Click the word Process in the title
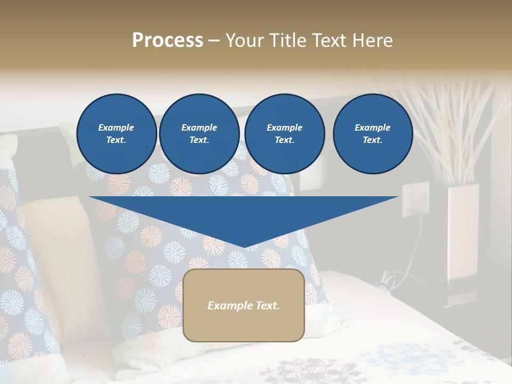click(167, 41)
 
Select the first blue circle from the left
click(116, 134)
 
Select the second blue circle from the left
click(199, 134)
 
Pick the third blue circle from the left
click(284, 134)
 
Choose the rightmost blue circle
click(372, 134)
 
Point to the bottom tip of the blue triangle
click(244, 246)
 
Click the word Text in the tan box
click(267, 306)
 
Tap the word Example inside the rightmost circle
click(372, 127)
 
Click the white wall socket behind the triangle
click(415, 198)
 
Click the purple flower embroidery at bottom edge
click(299, 371)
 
